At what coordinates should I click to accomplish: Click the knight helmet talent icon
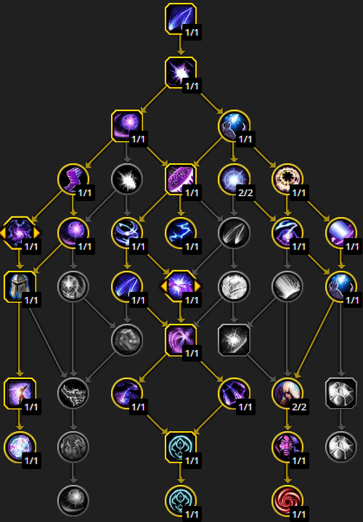[x=20, y=287]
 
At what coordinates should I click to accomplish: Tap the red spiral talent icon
[x=287, y=500]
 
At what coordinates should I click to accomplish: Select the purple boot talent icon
[x=73, y=179]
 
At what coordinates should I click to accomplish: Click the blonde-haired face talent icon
[x=287, y=393]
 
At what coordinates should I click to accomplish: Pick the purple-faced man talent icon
[x=287, y=446]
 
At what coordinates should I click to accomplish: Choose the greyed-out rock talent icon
[x=127, y=340]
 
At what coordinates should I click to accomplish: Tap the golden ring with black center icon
[x=287, y=179]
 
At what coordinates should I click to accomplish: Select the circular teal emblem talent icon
[x=181, y=500]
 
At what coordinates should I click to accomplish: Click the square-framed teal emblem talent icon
[x=181, y=446]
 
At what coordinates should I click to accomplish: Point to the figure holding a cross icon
[x=20, y=393]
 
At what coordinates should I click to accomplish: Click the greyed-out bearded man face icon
[x=73, y=446]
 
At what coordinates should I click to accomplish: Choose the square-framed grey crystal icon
[x=341, y=393]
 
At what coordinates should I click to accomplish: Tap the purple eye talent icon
[x=287, y=233]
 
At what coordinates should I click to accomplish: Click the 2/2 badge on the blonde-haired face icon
[x=298, y=407]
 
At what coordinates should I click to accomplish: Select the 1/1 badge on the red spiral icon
[x=298, y=514]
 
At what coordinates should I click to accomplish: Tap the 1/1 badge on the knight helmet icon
[x=31, y=301]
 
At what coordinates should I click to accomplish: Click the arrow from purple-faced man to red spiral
[x=287, y=473]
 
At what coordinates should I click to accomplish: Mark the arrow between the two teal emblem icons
[x=181, y=473]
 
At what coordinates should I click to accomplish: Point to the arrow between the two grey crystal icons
[x=341, y=420]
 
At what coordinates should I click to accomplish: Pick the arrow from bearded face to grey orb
[x=73, y=473]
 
